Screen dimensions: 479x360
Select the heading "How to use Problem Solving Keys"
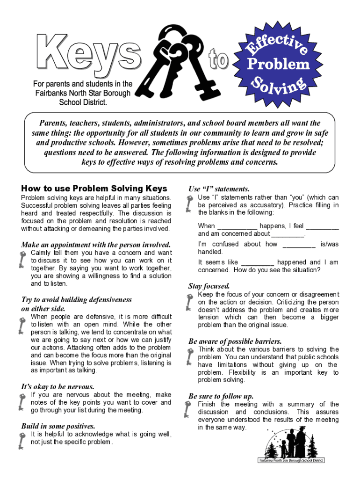click(94, 189)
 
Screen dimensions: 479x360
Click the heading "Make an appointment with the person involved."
click(96, 244)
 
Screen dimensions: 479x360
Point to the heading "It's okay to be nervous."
click(58, 386)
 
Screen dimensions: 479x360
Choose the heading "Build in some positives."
click(58, 426)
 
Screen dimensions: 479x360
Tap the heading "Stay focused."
click(209, 285)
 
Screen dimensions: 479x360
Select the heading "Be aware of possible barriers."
click(235, 341)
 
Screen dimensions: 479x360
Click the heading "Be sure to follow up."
click(221, 396)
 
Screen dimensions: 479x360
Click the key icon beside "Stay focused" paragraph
click(189, 303)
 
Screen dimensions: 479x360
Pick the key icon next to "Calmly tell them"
click(22, 260)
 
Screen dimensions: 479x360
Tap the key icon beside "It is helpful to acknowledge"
click(22, 440)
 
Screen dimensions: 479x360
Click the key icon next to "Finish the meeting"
click(189, 410)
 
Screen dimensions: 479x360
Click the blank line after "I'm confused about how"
click(299, 245)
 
